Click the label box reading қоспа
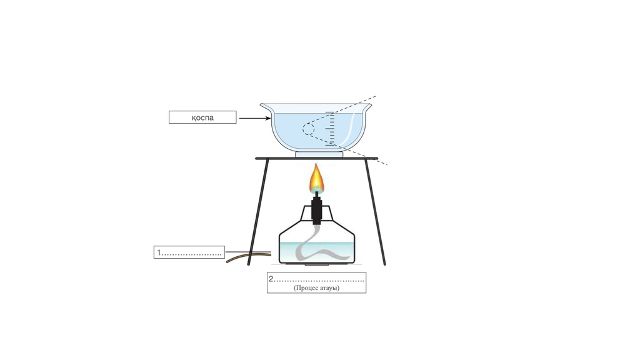[202, 117]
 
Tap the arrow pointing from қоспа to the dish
[255, 118]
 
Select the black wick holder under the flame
[317, 210]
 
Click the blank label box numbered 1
[189, 252]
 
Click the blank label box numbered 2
[316, 282]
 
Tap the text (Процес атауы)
[316, 287]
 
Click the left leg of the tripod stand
[258, 212]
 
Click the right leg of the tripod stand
[375, 212]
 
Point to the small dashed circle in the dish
[309, 129]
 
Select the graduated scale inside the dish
[331, 129]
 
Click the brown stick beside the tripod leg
[249, 257]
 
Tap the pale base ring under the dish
[319, 155]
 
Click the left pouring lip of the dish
[266, 107]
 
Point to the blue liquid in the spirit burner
[317, 252]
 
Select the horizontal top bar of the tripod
[317, 158]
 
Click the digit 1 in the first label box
[159, 252]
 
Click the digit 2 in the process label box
[271, 279]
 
